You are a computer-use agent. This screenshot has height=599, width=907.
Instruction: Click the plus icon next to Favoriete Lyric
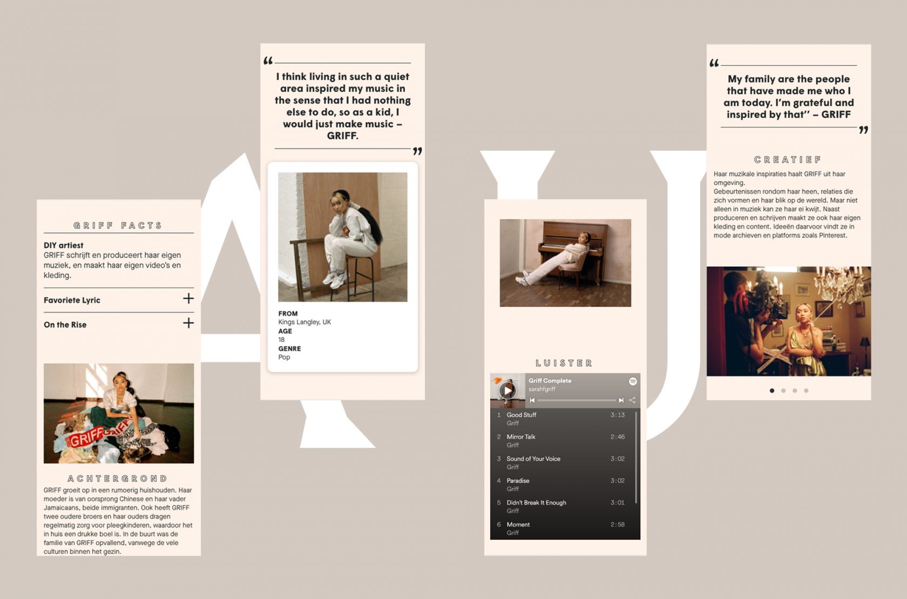click(188, 299)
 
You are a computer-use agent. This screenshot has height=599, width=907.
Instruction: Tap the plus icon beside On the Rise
click(188, 323)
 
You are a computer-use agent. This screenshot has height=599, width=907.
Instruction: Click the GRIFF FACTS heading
click(118, 225)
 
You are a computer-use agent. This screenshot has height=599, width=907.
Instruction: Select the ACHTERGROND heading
click(118, 479)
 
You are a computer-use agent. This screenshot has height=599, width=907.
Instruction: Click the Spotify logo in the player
click(633, 381)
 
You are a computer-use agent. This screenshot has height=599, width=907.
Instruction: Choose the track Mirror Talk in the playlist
click(520, 436)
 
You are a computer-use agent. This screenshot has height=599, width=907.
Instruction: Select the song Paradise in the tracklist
click(518, 480)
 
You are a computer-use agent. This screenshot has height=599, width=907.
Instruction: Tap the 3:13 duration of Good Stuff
click(618, 415)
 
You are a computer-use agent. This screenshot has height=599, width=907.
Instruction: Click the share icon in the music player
click(632, 400)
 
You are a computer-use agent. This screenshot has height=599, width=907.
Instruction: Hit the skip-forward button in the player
click(621, 400)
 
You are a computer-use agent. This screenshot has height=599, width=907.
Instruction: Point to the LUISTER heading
click(564, 363)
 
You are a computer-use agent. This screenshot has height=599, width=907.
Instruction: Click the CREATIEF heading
click(788, 159)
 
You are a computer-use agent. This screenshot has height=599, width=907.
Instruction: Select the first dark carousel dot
click(772, 391)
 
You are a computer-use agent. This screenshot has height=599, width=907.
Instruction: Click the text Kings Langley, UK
click(304, 322)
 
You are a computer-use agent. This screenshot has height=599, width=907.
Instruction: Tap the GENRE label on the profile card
click(289, 348)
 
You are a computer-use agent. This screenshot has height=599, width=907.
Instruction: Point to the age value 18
click(281, 339)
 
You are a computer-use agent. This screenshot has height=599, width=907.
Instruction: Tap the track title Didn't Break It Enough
click(537, 502)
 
